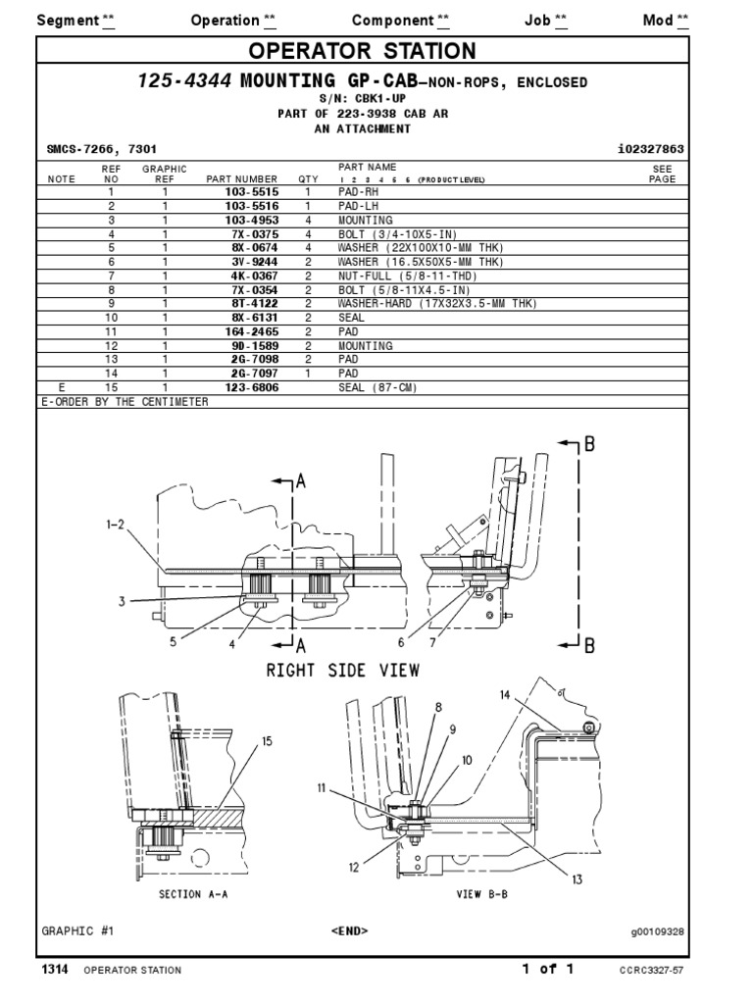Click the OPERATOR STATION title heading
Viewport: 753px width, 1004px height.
(x=362, y=51)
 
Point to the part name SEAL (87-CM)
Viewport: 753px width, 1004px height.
(x=377, y=387)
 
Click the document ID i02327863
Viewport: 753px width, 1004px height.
(x=645, y=149)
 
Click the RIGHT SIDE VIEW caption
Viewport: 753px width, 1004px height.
(x=343, y=671)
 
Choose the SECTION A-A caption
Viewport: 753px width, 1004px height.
(x=192, y=894)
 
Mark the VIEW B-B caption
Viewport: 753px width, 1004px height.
(x=482, y=894)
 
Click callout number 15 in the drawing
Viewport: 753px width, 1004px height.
(x=267, y=742)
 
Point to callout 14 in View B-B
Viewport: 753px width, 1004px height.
(x=505, y=695)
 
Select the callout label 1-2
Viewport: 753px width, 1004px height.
(x=116, y=525)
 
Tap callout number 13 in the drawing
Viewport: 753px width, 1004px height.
(x=577, y=879)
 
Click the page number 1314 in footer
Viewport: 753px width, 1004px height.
(x=55, y=970)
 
